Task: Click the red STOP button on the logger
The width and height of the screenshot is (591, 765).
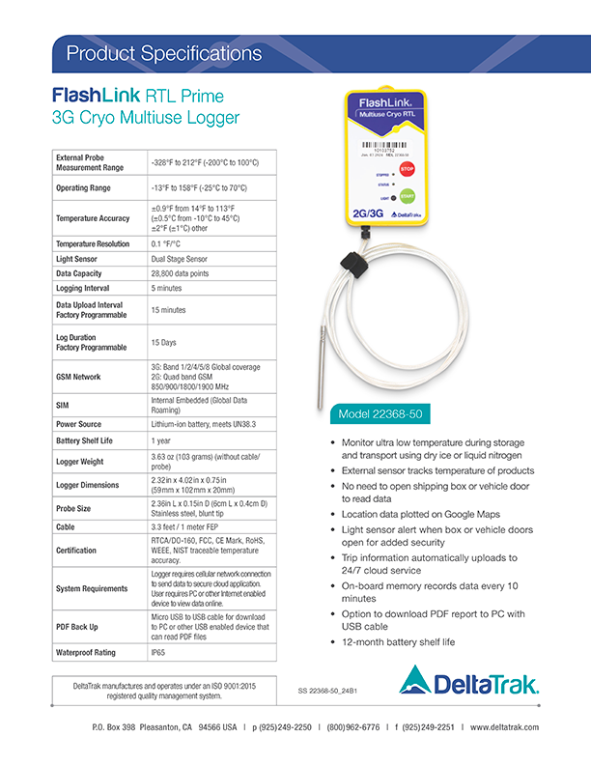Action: [408, 167]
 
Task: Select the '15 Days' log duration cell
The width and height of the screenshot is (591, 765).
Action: [163, 343]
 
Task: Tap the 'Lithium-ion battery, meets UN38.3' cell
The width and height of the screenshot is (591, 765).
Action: [203, 423]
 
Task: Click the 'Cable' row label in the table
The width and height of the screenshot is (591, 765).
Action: [68, 528]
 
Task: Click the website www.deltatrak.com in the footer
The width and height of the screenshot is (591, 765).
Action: [504, 727]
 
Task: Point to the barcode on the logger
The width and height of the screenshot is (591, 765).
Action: [376, 145]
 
